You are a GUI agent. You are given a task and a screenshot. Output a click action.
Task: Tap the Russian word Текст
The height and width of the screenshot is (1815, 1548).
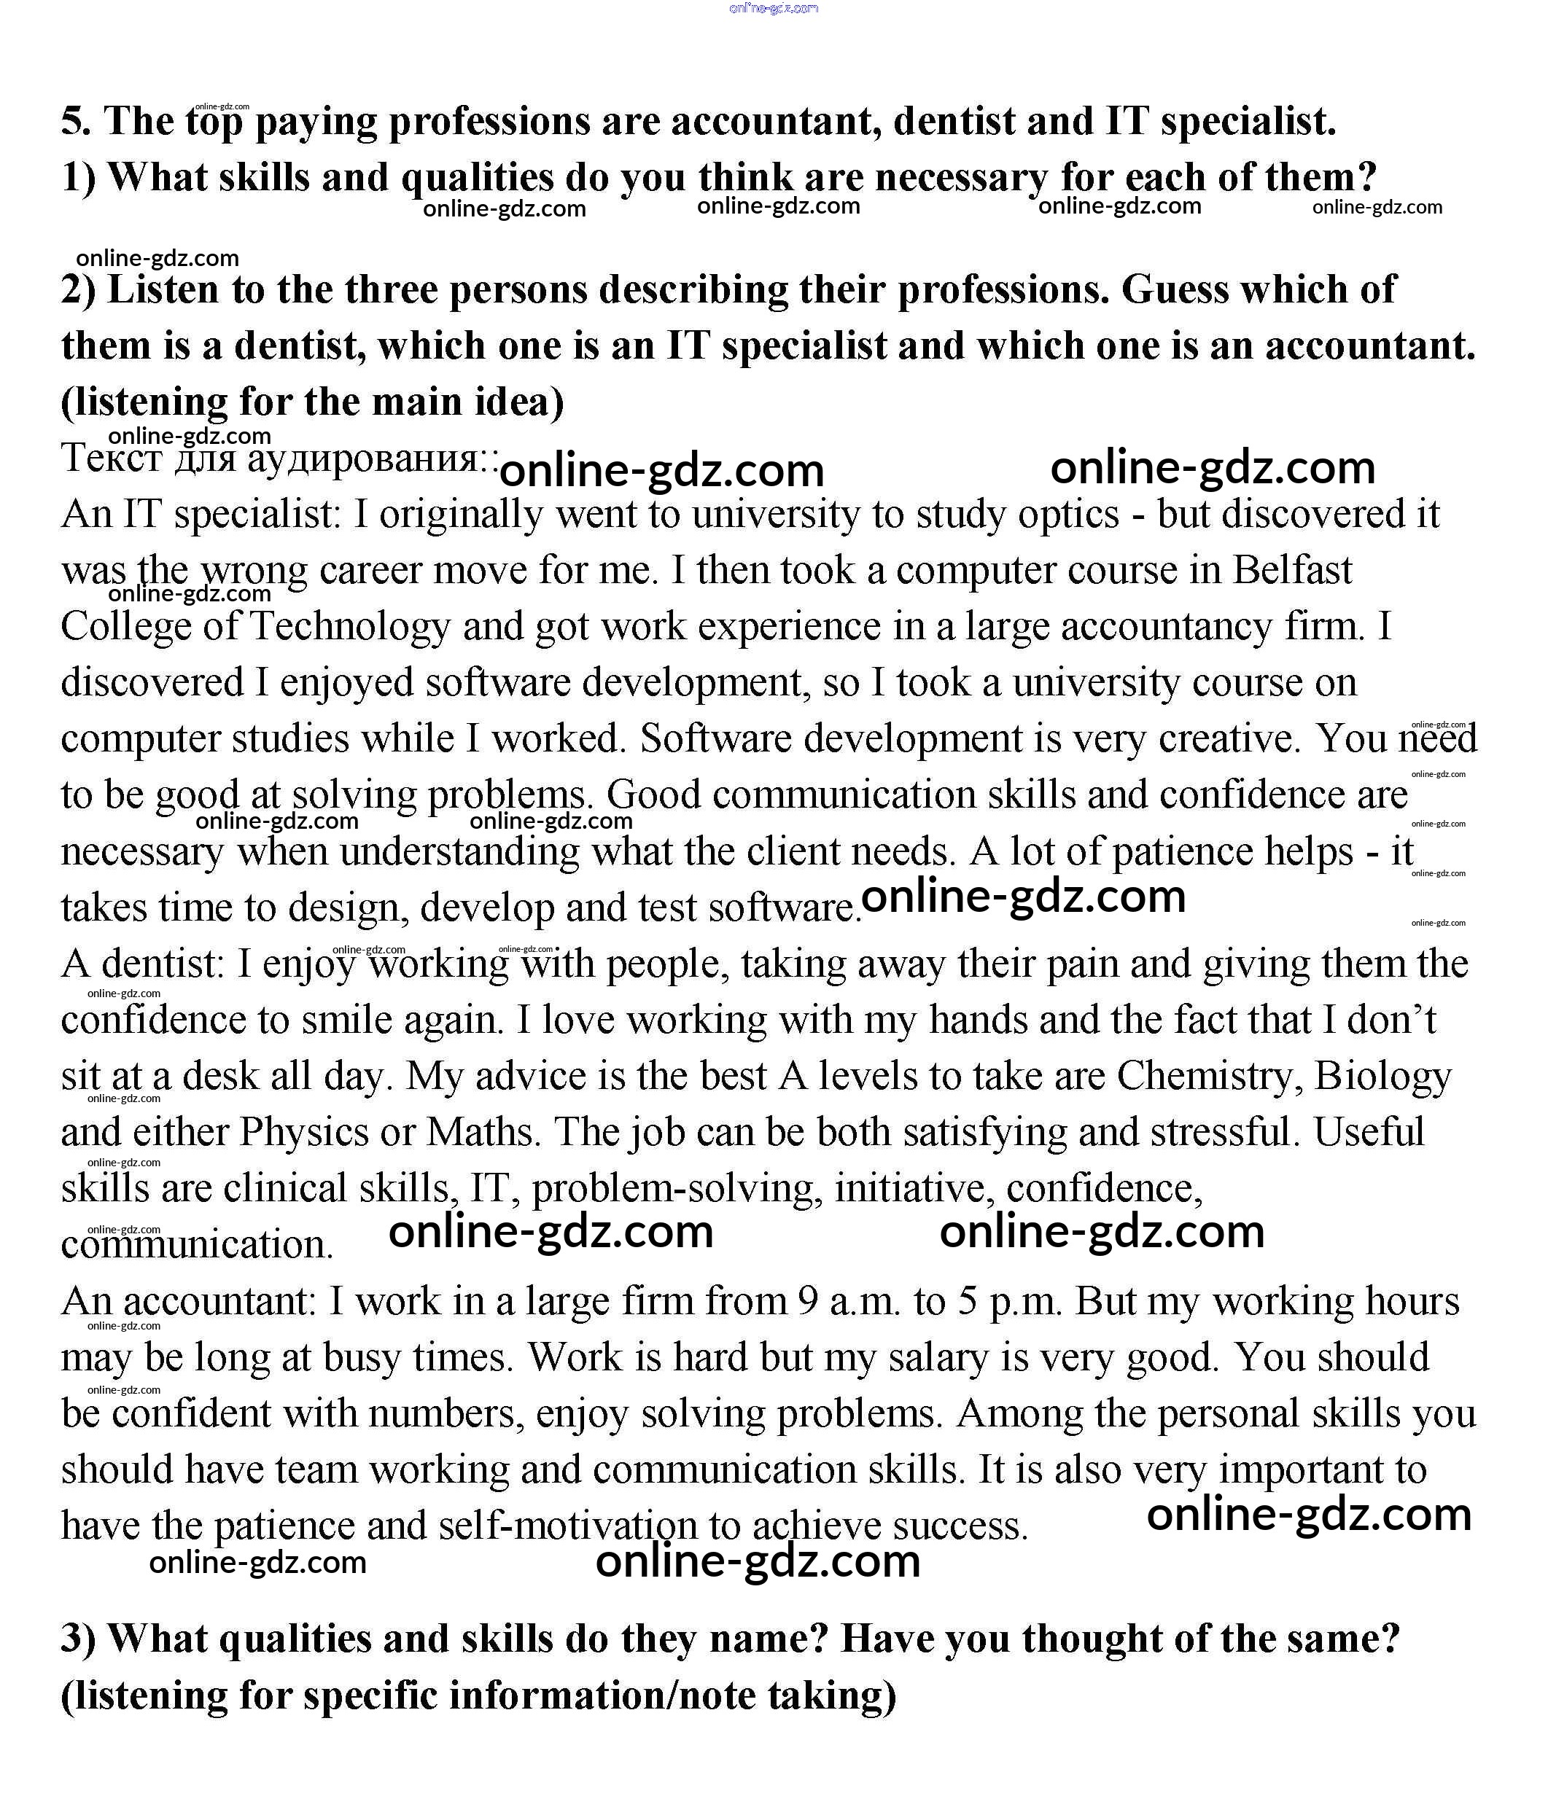tap(112, 458)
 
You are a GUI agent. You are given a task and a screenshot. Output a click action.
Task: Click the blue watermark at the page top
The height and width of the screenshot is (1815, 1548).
tap(774, 8)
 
